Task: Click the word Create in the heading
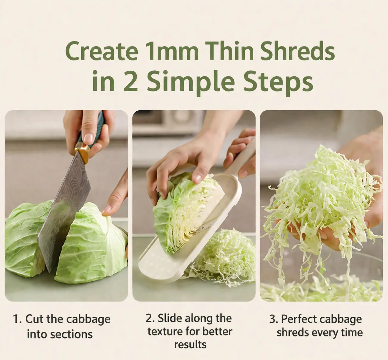[102, 51]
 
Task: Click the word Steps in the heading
[278, 83]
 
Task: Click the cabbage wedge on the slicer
[187, 213]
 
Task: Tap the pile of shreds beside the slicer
[225, 258]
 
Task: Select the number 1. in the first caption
[17, 319]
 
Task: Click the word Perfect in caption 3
[300, 319]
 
